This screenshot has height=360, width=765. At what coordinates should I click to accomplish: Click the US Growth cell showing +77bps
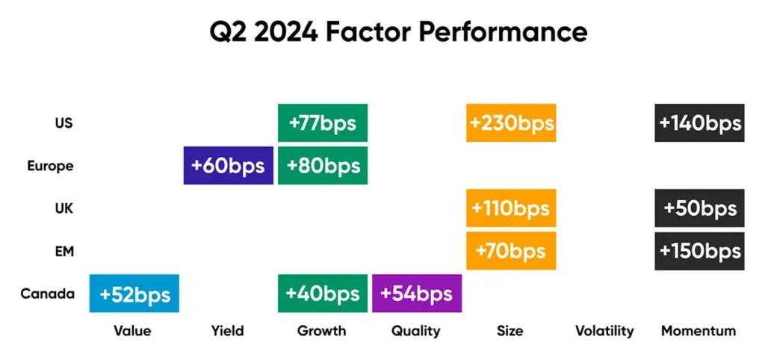323,123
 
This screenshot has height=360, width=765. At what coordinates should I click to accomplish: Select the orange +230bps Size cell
511,123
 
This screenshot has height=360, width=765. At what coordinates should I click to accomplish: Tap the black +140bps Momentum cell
699,123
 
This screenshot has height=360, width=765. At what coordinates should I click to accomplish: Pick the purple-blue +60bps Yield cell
229,165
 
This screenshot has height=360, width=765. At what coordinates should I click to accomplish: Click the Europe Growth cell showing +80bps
323,165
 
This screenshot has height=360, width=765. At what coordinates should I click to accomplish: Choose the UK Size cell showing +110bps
511,208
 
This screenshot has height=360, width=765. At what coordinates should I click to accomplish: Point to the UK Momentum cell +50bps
699,208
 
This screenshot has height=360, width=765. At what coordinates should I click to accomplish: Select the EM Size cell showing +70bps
511,251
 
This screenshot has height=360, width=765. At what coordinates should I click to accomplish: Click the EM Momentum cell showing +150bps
699,251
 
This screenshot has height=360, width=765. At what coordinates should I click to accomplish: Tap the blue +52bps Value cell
134,294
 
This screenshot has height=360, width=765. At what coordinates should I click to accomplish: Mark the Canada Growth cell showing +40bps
323,294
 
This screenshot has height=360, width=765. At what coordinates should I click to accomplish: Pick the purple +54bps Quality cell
417,294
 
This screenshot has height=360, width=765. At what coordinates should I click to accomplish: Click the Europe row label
50,166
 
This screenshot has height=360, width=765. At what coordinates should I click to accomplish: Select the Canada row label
48,294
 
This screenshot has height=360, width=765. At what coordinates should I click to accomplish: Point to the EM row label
64,251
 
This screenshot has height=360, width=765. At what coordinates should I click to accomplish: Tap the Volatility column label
604,331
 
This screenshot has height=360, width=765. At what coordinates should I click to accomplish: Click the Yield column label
228,331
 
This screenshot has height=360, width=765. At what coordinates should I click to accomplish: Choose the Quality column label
415,331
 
